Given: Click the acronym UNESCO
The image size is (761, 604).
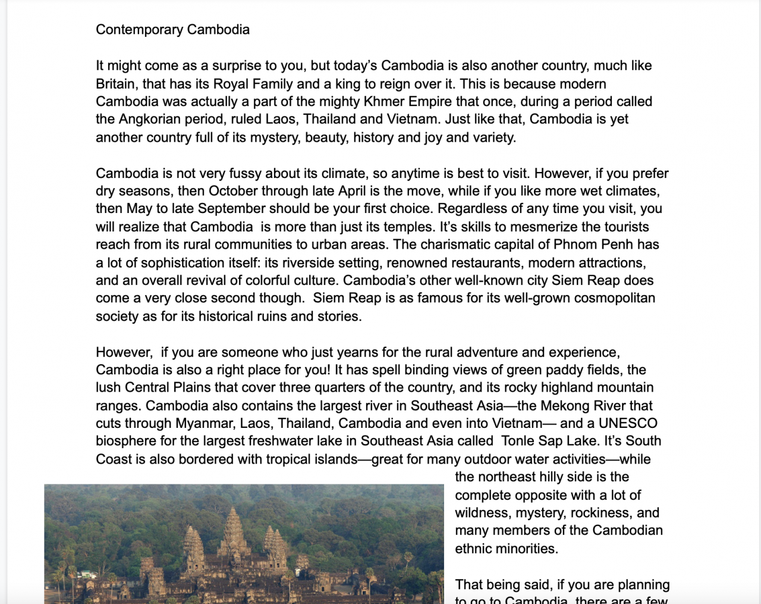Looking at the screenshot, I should point(628,424).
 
